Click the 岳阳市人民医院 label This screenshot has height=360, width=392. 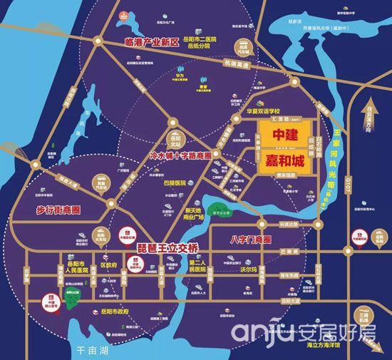(73, 266)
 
